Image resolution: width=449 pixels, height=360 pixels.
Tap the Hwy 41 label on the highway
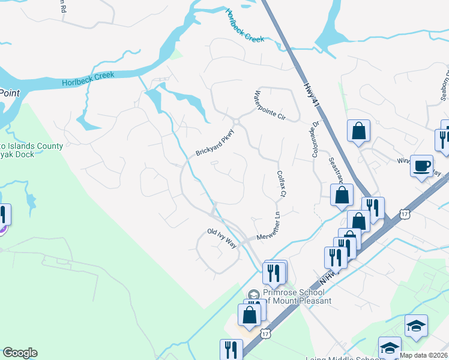pyautogui.click(x=310, y=95)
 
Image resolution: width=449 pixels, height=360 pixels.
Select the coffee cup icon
pyautogui.click(x=422, y=165)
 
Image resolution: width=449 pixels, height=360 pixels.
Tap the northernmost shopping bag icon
pyautogui.click(x=358, y=130)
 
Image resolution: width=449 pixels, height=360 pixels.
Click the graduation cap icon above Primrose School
pyautogui.click(x=255, y=295)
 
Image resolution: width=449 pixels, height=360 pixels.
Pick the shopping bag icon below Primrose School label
pyautogui.click(x=250, y=314)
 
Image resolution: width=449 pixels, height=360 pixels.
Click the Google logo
pyautogui.click(x=20, y=353)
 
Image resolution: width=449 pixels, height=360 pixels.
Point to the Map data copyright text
pyautogui.click(x=424, y=355)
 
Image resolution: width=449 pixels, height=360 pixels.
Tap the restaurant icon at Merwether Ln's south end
pyautogui.click(x=275, y=271)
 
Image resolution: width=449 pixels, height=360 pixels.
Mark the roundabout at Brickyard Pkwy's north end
pyautogui.click(x=237, y=122)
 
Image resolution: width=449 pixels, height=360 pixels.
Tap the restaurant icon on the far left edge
pyautogui.click(x=2, y=214)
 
